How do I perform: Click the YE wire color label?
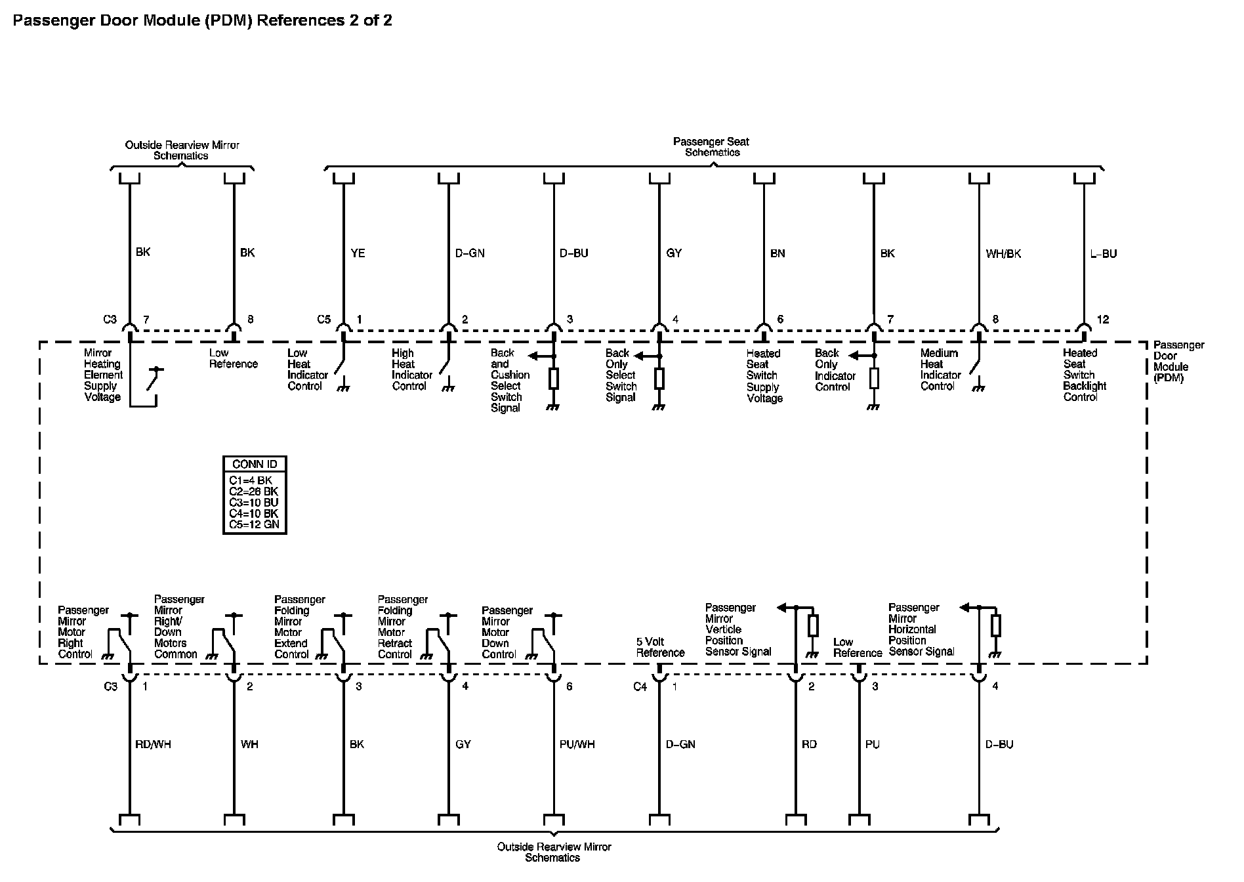358,253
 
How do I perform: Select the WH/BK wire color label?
1003,254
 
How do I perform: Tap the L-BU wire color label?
1103,254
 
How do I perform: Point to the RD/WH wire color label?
152,744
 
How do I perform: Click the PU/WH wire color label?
577,744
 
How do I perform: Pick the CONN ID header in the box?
255,464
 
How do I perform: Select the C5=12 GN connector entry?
254,524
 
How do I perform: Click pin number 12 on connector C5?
1102,320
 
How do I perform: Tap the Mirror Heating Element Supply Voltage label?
103,375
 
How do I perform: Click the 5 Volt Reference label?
660,647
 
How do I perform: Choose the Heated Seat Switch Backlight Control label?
1085,375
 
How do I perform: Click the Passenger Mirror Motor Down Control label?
507,632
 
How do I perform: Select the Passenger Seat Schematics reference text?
712,147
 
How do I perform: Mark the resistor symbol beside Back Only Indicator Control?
873,379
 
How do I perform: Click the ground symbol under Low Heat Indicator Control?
342,388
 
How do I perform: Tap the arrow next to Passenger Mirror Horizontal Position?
965,608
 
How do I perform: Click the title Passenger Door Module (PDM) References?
203,20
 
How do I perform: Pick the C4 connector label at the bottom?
640,686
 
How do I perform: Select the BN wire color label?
777,253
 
